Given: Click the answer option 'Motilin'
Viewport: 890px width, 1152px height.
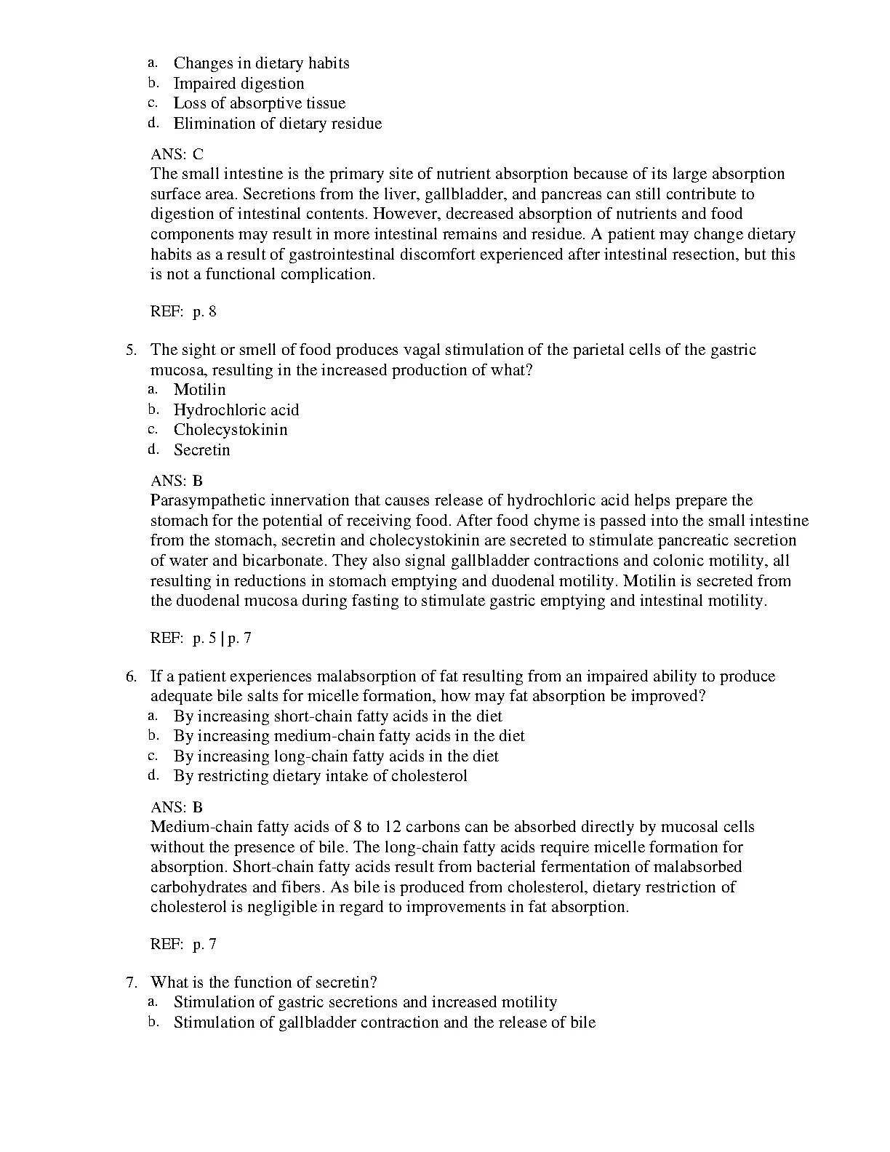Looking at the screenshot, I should point(199,390).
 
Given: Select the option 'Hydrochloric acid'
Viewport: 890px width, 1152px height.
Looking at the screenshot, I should point(236,410).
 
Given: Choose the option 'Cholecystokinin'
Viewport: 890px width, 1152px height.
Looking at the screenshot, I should point(230,430).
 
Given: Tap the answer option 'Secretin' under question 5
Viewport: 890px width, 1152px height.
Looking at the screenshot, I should point(201,450).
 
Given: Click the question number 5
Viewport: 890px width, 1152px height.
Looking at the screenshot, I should point(131,351).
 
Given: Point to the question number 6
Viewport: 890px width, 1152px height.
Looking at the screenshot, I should point(131,677).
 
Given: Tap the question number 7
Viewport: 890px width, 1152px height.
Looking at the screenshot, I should point(131,983).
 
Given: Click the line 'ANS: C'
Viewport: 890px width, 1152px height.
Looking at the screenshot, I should point(177,154).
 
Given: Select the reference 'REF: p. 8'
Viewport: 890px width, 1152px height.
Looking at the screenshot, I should point(183,313).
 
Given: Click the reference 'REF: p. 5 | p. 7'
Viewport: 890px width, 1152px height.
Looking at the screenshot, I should point(201,639).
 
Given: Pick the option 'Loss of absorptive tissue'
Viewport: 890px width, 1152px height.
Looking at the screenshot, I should point(259,103).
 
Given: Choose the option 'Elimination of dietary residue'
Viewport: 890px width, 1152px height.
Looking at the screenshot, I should point(277,124).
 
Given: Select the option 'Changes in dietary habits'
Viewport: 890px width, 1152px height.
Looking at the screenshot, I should point(261,63).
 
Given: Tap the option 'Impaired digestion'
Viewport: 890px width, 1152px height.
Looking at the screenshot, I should point(238,84).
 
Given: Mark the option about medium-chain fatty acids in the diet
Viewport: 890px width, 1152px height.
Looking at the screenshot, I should point(349,736).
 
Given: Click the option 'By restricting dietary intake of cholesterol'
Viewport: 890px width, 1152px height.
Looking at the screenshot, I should point(320,776).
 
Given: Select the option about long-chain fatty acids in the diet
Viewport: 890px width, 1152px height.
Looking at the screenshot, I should point(336,756).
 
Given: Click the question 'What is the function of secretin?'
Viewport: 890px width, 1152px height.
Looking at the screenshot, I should point(263,983).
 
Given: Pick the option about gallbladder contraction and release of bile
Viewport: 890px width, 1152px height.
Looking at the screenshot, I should point(384,1023).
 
